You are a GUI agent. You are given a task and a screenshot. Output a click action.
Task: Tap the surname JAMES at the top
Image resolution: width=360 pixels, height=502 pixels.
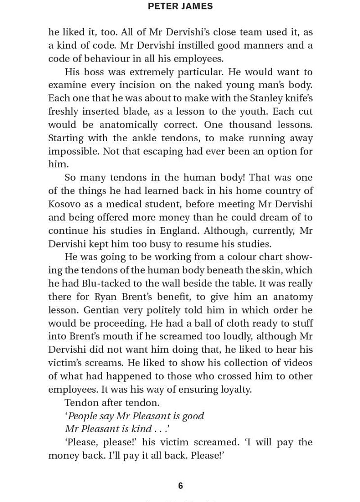[197, 7]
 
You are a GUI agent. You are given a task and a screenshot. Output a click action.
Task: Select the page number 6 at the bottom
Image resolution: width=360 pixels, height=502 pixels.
[180, 486]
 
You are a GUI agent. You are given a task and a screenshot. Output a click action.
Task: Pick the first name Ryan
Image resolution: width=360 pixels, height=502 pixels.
[107, 297]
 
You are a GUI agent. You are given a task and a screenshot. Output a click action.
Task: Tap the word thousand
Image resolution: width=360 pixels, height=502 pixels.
[254, 125]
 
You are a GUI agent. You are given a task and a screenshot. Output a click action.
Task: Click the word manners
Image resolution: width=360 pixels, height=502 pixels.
[252, 45]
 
